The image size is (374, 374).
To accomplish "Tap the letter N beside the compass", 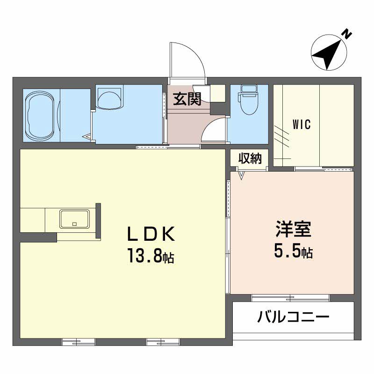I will (x=346, y=34).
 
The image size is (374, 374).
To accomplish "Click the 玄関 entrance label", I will (x=187, y=99).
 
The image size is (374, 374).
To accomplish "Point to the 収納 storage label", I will (x=249, y=158).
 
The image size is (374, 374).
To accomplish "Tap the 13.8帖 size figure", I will (x=150, y=256).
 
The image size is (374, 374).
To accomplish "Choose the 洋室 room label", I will (x=293, y=231).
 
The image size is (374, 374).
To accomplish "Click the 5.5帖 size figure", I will (x=293, y=252).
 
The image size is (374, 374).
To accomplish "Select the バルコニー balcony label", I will (x=293, y=318).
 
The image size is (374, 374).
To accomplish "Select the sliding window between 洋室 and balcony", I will (x=290, y=298).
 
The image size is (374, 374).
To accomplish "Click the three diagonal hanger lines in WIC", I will (x=281, y=136).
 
